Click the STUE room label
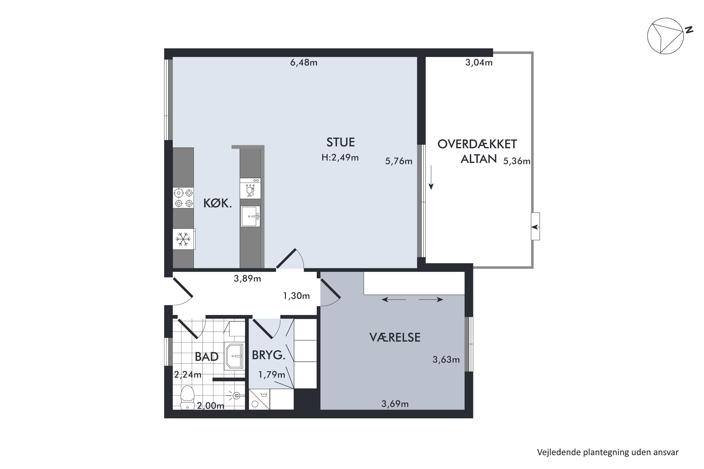pyautogui.click(x=341, y=142)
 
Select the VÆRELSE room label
pyautogui.click(x=395, y=337)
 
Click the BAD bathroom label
pyautogui.click(x=207, y=356)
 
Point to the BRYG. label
pyautogui.click(x=268, y=355)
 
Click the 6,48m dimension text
pyautogui.click(x=304, y=63)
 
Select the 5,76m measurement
pyautogui.click(x=399, y=161)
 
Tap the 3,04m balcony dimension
pyautogui.click(x=479, y=63)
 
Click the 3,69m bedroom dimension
pyautogui.click(x=395, y=404)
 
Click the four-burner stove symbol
pyautogui.click(x=184, y=198)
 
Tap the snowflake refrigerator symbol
pyautogui.click(x=183, y=239)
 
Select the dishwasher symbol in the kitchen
pyautogui.click(x=250, y=189)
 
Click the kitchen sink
pyautogui.click(x=250, y=216)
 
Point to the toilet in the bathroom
pyautogui.click(x=187, y=397)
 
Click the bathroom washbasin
pyautogui.click(x=234, y=356)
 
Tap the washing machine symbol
pyautogui.click(x=259, y=399)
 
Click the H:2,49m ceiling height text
pyautogui.click(x=340, y=158)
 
